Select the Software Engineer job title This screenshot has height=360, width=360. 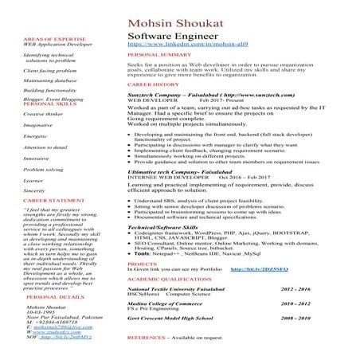[x=168, y=37]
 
